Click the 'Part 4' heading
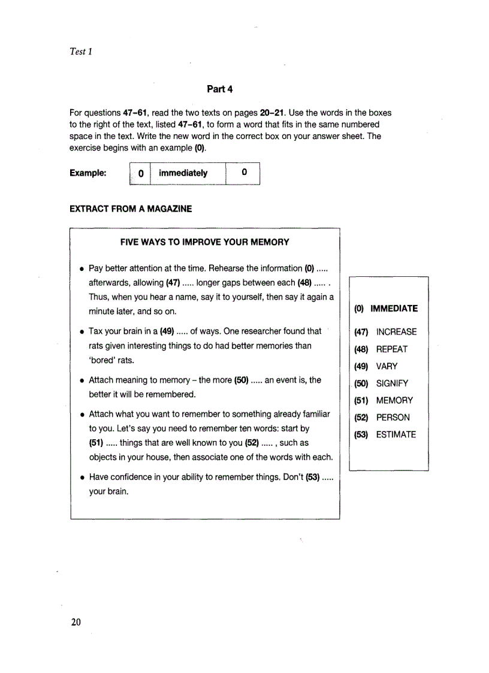click(219, 89)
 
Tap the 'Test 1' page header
click(81, 52)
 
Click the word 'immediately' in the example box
click(183, 173)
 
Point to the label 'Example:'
click(88, 173)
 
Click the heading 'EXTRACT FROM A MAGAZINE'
click(131, 209)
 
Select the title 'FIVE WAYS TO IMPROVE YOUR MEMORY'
click(205, 242)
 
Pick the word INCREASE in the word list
click(396, 332)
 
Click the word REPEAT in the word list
click(391, 349)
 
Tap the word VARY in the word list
click(387, 366)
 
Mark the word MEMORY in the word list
click(394, 400)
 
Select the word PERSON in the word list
click(393, 418)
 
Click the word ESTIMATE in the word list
click(396, 434)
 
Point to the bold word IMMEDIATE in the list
click(394, 309)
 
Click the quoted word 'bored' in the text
click(102, 360)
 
